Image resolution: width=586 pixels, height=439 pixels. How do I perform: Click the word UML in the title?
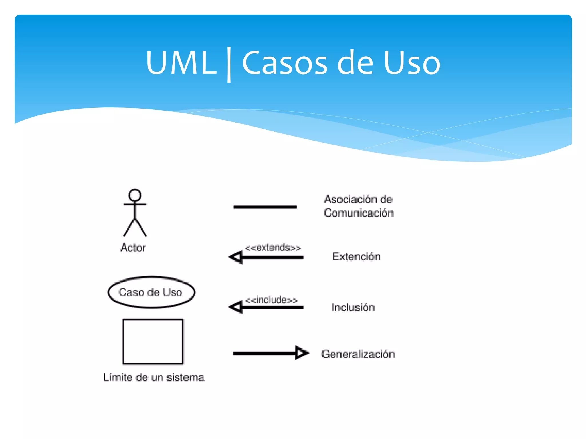(x=181, y=63)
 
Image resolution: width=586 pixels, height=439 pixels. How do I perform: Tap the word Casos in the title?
(x=284, y=63)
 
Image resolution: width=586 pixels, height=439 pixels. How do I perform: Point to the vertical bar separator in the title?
(x=229, y=65)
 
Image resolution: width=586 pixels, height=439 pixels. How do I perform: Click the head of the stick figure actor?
(x=135, y=195)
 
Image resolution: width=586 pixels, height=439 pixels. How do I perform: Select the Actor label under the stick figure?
(x=133, y=248)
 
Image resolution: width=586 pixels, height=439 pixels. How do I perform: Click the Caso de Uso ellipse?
(x=151, y=292)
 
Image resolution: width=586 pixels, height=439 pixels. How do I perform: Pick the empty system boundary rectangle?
(x=153, y=342)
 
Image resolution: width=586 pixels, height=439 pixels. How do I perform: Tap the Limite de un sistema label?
(x=154, y=378)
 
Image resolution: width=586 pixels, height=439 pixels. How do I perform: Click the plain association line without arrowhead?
(x=265, y=207)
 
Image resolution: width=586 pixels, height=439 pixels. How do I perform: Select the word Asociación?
(x=346, y=199)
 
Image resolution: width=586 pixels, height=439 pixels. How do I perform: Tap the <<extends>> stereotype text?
(x=273, y=247)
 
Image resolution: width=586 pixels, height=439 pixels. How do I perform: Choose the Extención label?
(x=356, y=257)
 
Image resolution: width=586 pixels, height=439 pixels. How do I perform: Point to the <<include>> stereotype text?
(x=271, y=300)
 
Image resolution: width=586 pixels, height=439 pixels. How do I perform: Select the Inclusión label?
(x=353, y=307)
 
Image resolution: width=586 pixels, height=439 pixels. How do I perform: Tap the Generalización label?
(x=358, y=354)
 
